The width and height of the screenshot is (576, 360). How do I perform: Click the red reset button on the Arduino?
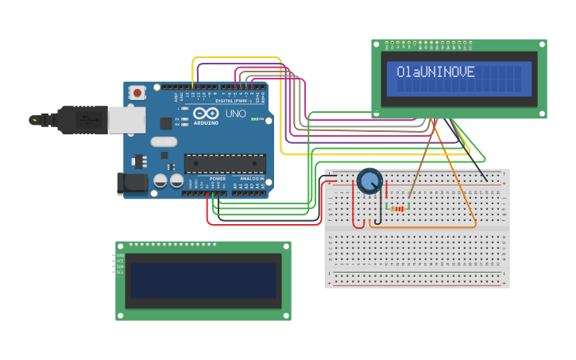[137, 93]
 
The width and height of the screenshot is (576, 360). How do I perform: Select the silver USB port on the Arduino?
[126, 120]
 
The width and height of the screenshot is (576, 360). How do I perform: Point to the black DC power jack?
[131, 184]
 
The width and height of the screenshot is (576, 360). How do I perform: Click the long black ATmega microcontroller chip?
[226, 164]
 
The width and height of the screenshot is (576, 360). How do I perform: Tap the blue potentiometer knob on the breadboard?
[369, 181]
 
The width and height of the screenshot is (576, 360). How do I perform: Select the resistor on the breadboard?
[397, 208]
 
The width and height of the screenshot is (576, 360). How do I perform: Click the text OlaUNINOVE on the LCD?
[435, 72]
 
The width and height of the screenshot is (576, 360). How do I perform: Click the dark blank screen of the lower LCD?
[203, 281]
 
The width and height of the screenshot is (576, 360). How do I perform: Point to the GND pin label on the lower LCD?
[120, 255]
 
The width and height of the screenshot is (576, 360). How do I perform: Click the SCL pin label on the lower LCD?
[120, 272]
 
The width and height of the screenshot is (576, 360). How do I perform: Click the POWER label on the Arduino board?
[217, 179]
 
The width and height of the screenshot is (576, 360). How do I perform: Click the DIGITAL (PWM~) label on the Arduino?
[234, 101]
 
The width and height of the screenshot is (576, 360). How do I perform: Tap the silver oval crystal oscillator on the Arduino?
[163, 142]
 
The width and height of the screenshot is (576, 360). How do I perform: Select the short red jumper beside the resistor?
[387, 199]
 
